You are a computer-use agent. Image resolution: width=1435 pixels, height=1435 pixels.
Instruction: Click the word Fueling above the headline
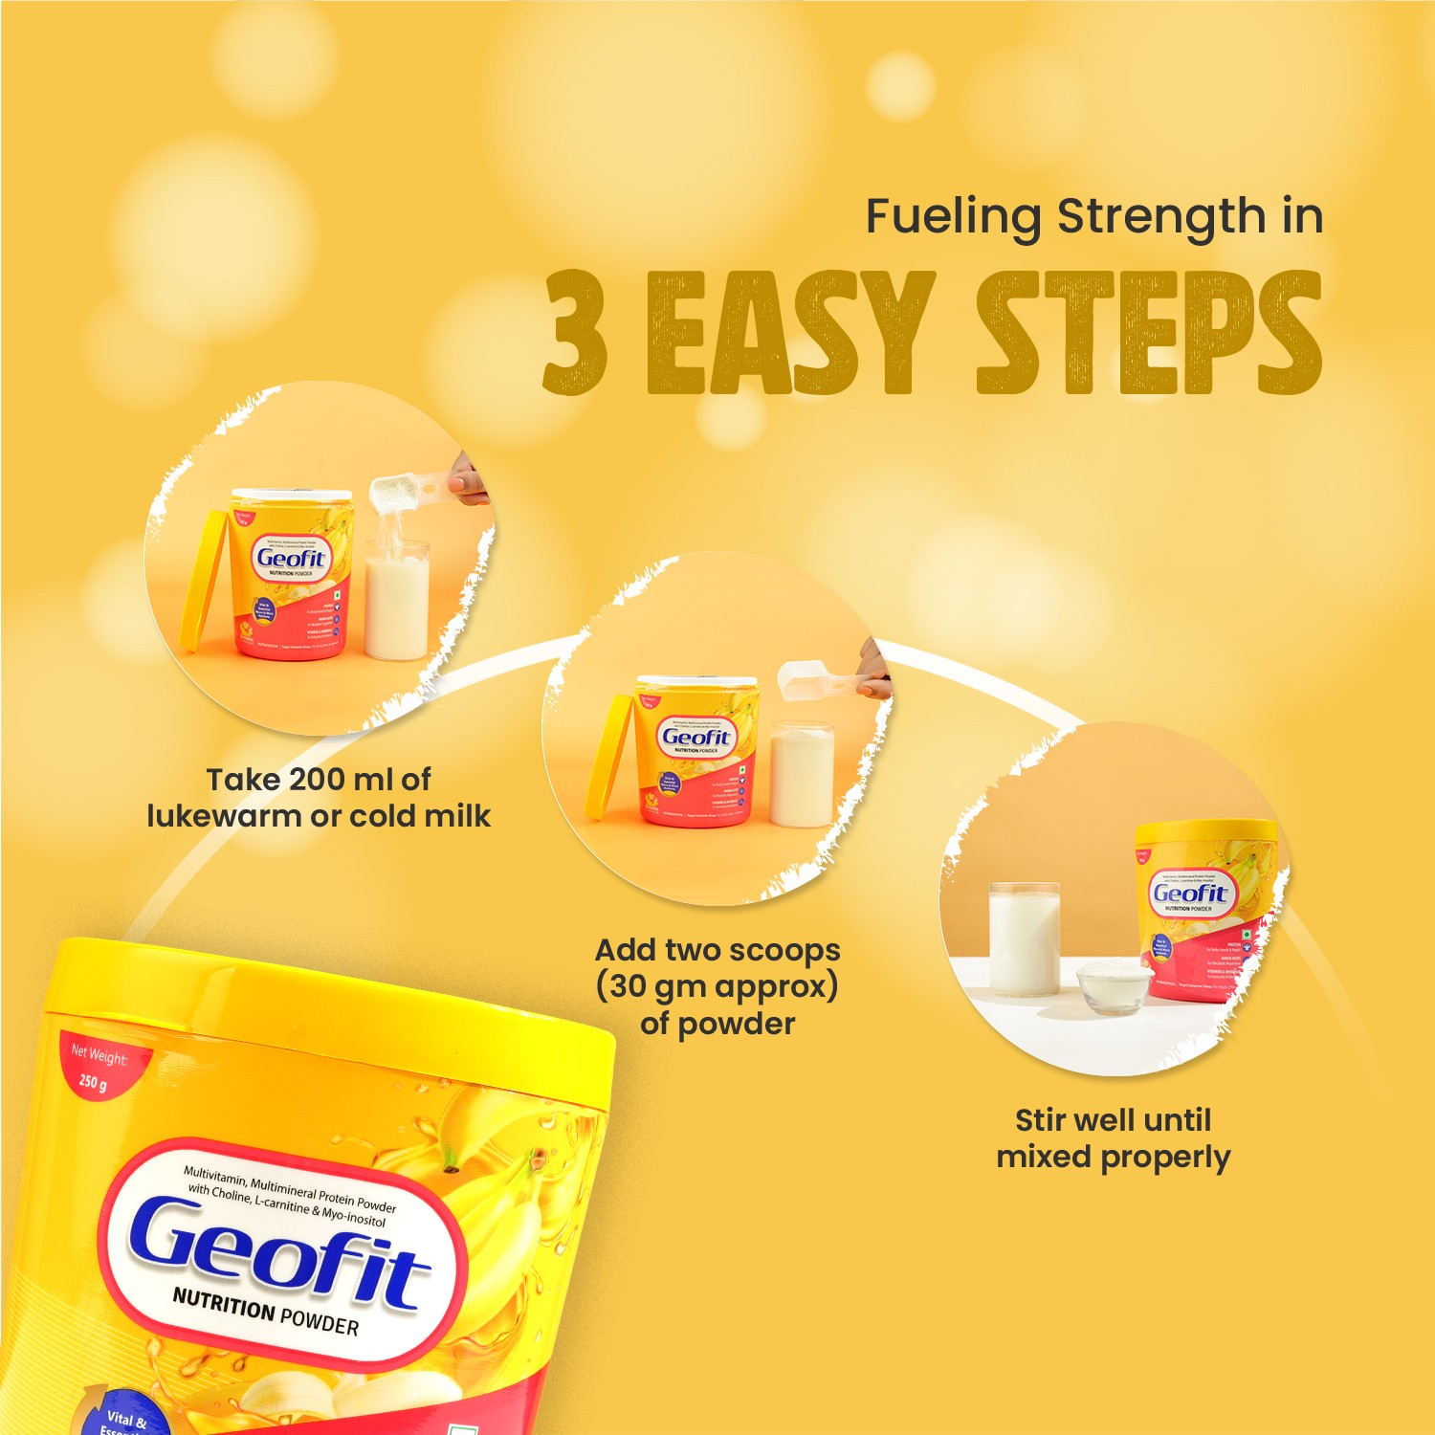click(x=953, y=216)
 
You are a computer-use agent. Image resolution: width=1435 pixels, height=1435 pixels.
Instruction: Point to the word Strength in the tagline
click(x=1160, y=216)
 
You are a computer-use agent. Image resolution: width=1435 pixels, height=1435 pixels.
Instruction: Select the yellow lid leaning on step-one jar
click(x=204, y=584)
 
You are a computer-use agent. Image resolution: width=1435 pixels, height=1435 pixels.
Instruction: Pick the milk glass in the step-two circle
click(x=802, y=775)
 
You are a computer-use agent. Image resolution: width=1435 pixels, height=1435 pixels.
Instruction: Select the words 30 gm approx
click(x=717, y=986)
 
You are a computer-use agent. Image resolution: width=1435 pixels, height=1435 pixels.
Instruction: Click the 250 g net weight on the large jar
click(x=93, y=1082)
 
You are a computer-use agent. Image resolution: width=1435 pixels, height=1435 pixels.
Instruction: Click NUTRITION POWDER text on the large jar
click(x=265, y=1313)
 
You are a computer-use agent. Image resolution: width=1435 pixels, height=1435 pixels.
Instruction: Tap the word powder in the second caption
click(x=736, y=1024)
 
